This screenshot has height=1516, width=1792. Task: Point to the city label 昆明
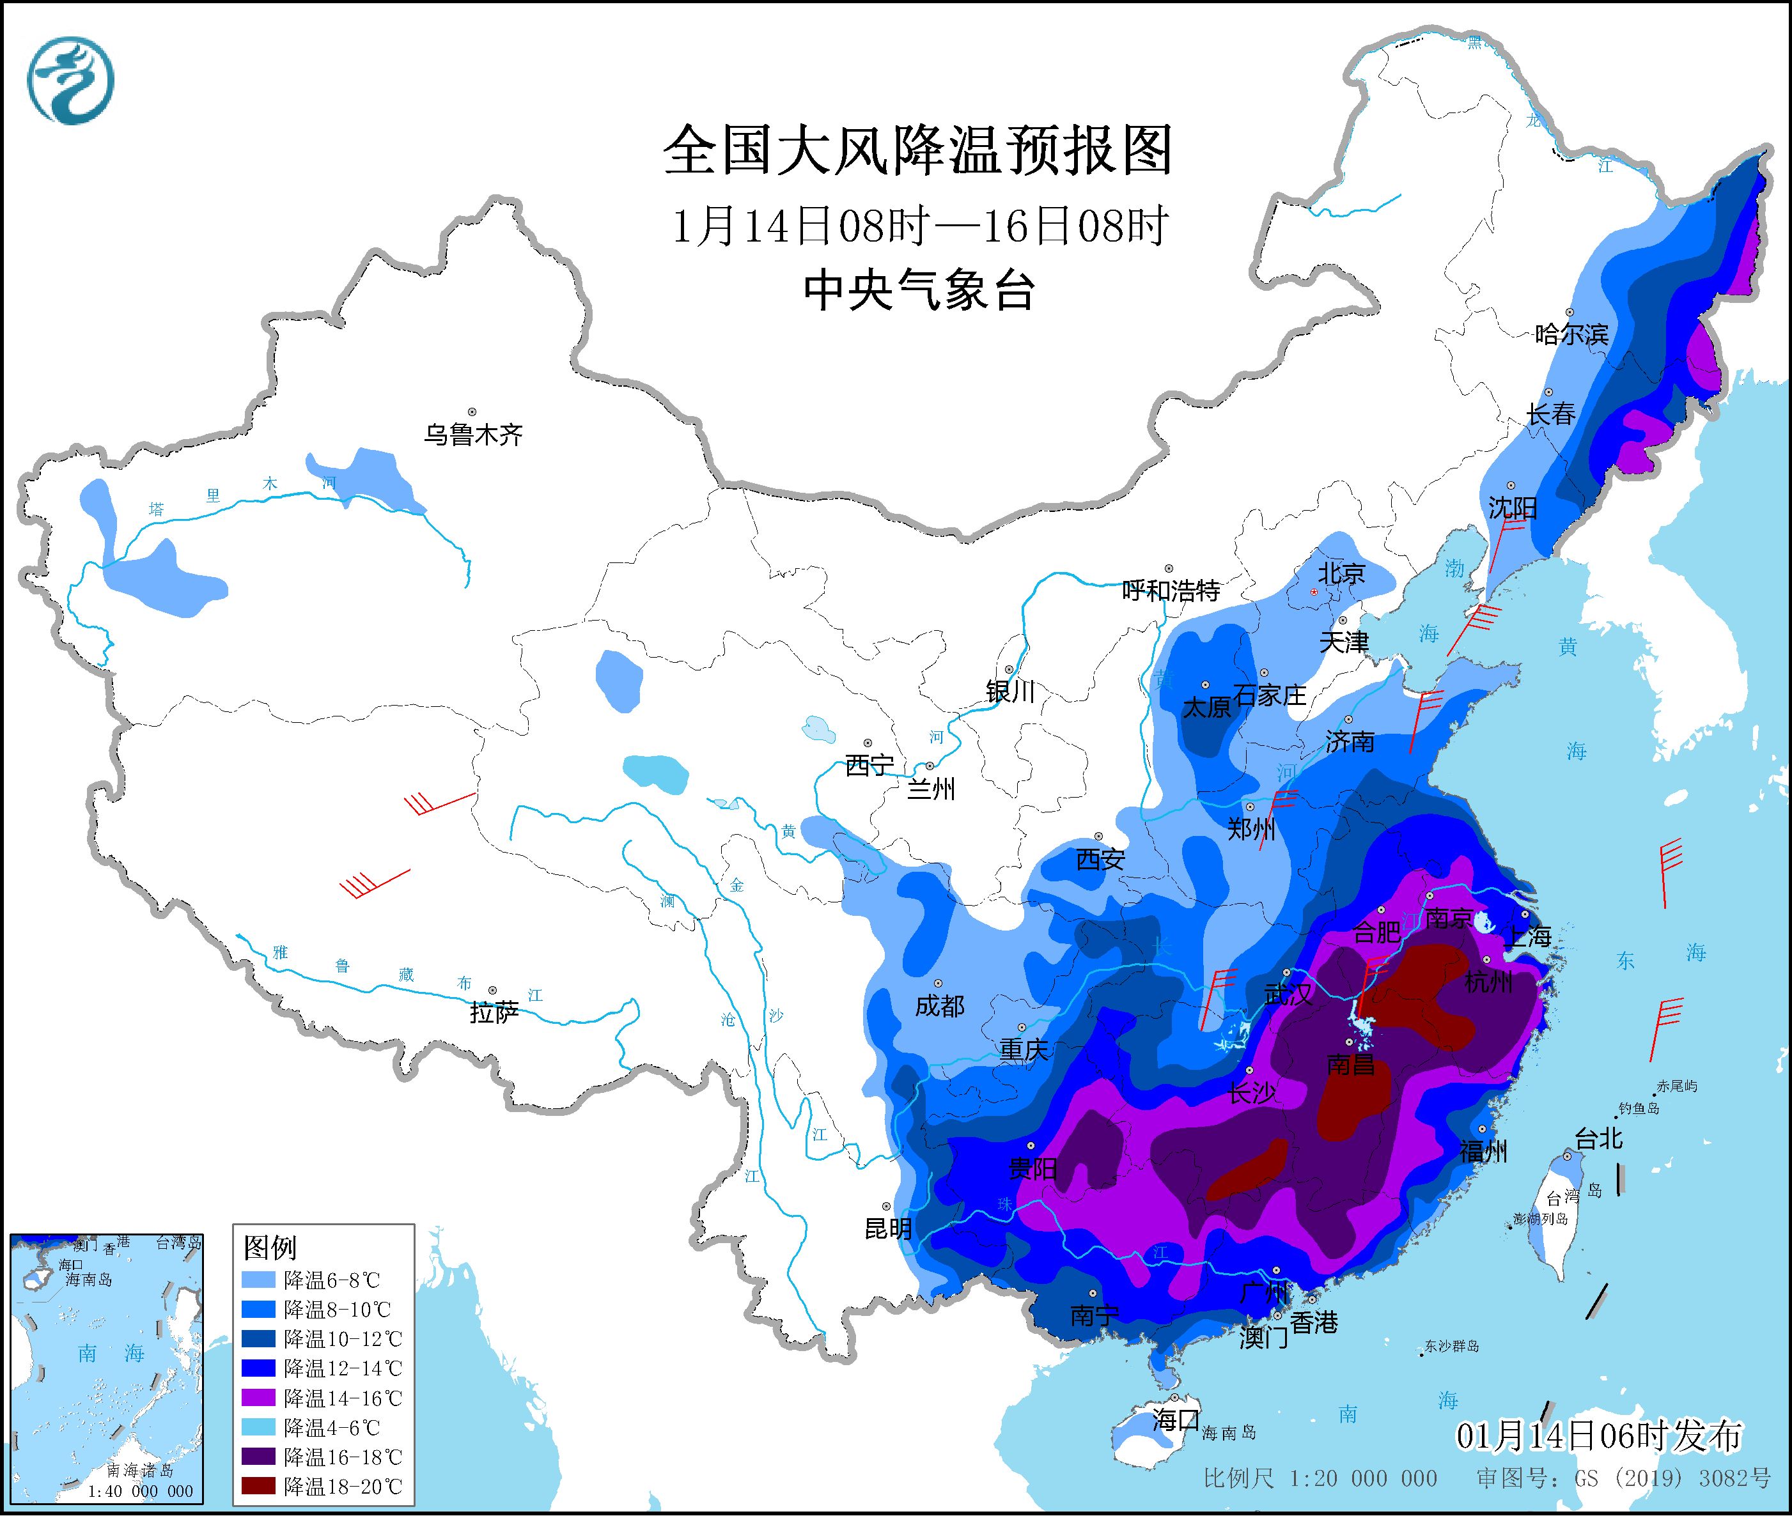coord(888,1229)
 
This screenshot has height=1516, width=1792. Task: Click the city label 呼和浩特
coord(1171,591)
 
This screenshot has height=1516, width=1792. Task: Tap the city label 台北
coord(1598,1140)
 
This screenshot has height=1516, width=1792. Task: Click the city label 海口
coord(1175,1419)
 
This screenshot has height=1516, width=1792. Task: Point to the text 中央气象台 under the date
coord(918,290)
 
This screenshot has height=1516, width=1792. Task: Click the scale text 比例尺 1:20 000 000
coord(1320,1478)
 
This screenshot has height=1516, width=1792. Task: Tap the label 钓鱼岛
coord(1638,1109)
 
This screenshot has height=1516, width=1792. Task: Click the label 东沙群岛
coord(1452,1347)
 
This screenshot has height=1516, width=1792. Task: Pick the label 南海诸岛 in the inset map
coord(140,1471)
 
